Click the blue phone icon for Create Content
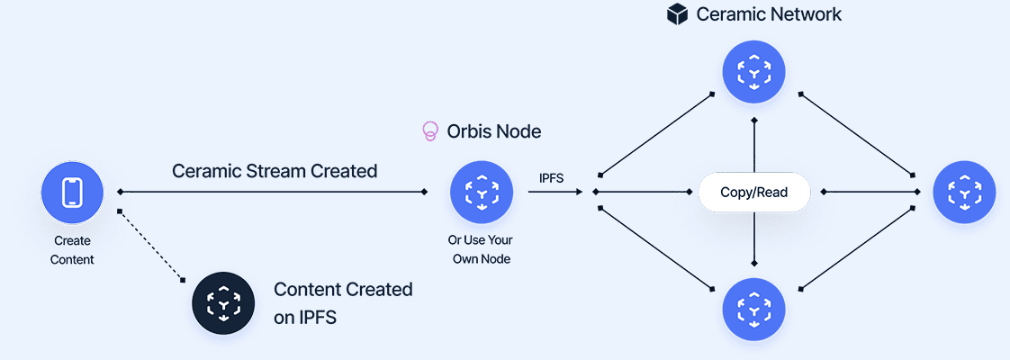[72, 193]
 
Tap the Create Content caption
[72, 250]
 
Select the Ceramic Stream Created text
[275, 170]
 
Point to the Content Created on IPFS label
[343, 303]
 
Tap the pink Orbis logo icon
[430, 131]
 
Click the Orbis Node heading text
[494, 131]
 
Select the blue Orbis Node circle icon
[481, 193]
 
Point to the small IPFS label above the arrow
[551, 178]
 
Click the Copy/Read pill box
[754, 193]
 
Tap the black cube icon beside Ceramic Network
[677, 14]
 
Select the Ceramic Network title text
[769, 14]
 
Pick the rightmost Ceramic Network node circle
[964, 193]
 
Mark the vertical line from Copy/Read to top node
[754, 146]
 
